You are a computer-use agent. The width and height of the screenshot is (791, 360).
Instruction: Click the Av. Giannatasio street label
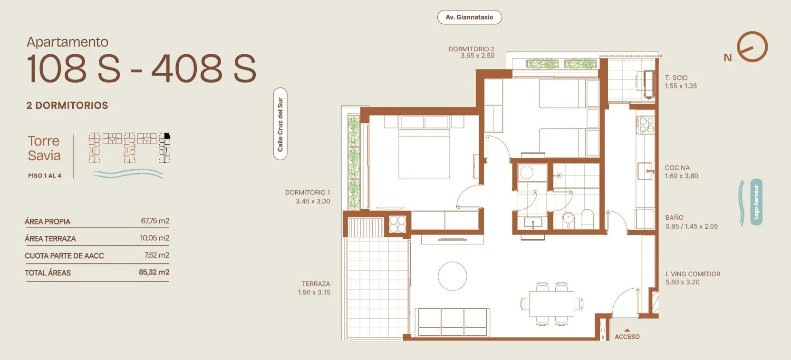point(469,17)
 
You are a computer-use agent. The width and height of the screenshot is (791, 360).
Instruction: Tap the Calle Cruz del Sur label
point(280,124)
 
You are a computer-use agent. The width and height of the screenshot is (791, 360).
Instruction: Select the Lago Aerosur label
point(756,202)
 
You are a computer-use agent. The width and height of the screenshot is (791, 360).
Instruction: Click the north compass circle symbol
point(752,47)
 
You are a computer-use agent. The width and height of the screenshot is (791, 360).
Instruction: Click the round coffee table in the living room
point(453,276)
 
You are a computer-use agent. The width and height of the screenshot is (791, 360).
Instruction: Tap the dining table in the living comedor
point(551,304)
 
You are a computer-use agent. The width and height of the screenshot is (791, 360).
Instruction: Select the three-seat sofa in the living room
point(453,322)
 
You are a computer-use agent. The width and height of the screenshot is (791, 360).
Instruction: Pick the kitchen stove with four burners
point(646,125)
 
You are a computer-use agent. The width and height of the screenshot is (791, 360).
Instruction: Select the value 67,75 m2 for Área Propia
point(155,221)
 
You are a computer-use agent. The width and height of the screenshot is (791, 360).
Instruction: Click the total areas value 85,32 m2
point(154,272)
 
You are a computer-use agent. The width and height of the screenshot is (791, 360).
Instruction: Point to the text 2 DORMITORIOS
point(67,105)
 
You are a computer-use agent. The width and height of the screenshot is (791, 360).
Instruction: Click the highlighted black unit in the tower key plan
point(167,136)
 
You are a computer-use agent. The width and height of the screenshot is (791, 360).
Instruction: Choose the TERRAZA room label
point(316,284)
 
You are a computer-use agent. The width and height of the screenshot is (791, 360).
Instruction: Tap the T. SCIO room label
point(676,78)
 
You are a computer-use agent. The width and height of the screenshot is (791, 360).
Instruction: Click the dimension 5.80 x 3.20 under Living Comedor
point(682,282)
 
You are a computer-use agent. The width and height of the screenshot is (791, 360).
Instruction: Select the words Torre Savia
point(44,148)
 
